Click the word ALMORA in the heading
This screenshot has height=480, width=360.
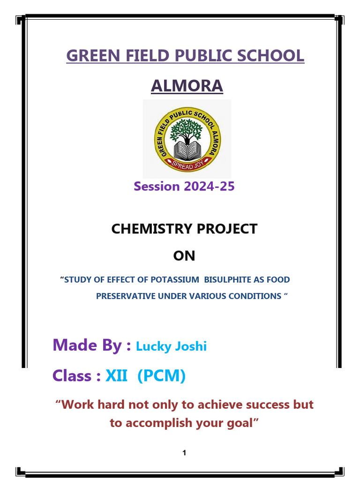[x=187, y=86]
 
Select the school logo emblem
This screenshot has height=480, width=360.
[x=187, y=139]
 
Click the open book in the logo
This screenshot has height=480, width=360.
[x=187, y=150]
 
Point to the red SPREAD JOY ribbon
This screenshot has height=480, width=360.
[x=187, y=165]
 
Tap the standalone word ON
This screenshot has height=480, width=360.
[x=184, y=256]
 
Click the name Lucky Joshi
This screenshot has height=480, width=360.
[x=171, y=346]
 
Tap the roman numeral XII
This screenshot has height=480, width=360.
[x=116, y=375]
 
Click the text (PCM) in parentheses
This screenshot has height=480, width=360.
[x=162, y=375]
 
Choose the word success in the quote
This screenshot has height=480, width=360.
[x=269, y=405]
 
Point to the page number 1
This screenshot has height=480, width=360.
[x=185, y=453]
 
